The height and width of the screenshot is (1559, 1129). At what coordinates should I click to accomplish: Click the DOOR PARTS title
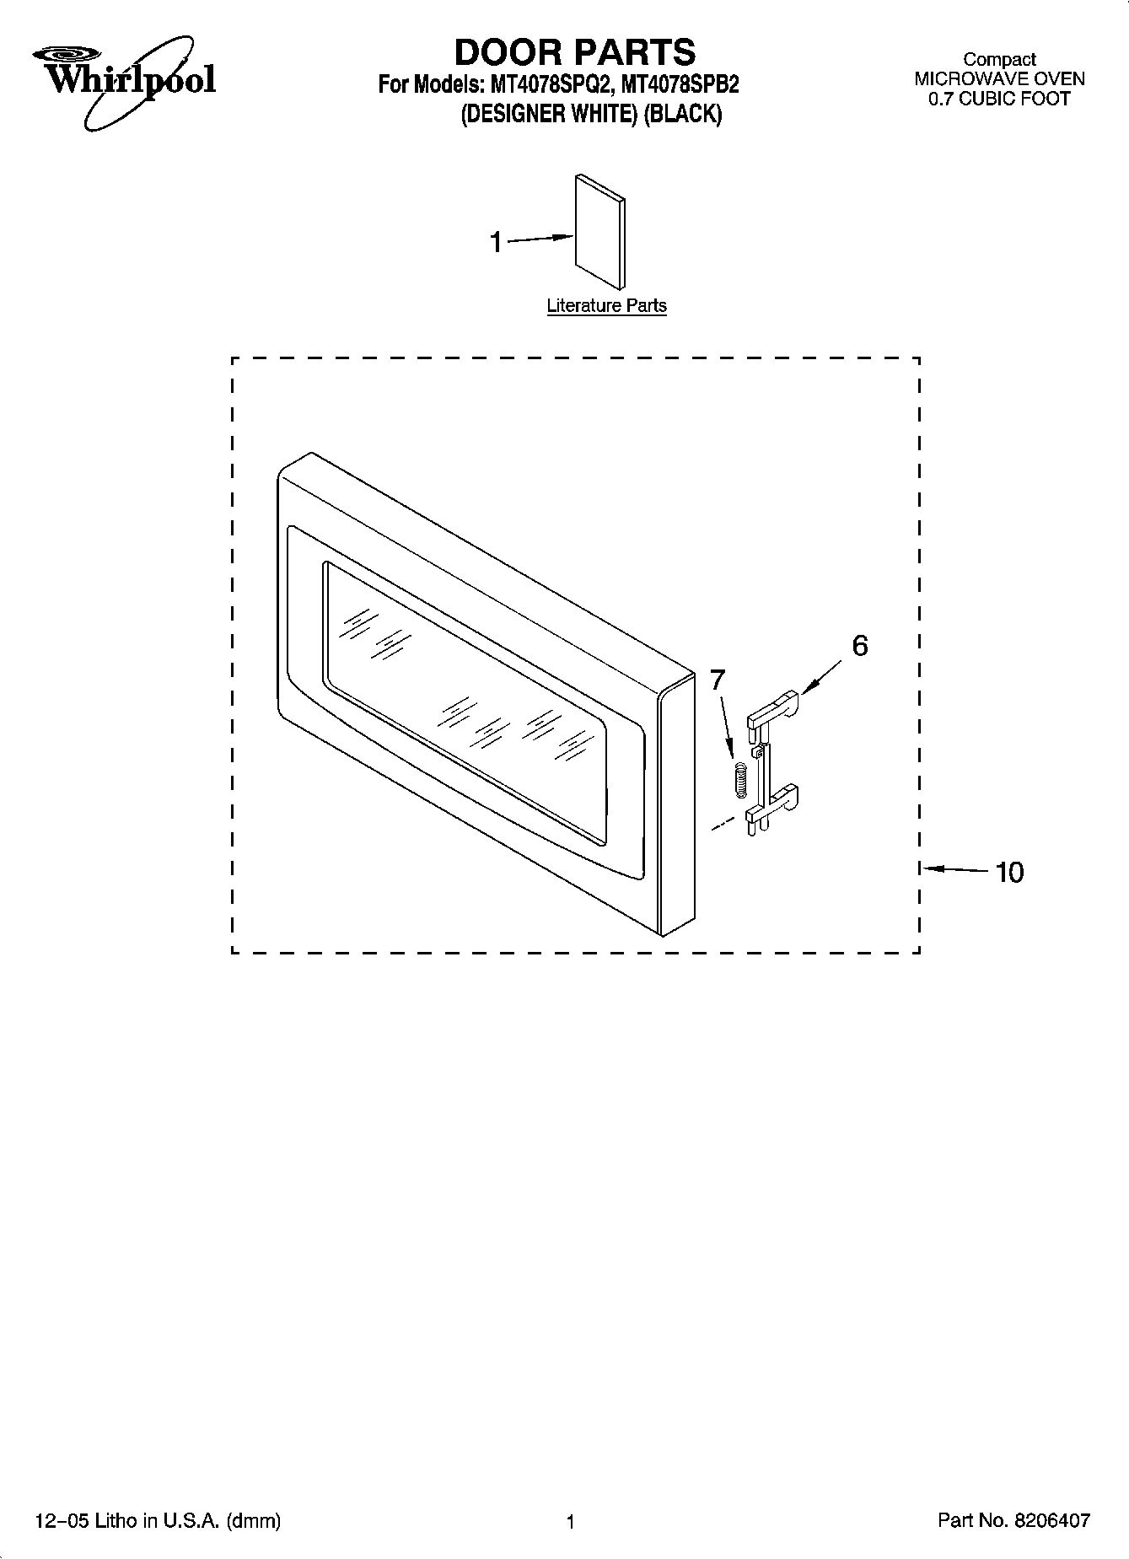pyautogui.click(x=575, y=52)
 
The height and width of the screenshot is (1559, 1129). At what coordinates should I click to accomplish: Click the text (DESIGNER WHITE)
pyautogui.click(x=548, y=114)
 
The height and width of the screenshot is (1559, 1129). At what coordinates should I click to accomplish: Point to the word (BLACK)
pyautogui.click(x=682, y=114)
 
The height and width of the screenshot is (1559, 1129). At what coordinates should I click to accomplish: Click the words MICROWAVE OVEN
pyautogui.click(x=999, y=79)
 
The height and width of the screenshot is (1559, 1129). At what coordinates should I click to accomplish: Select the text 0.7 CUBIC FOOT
pyautogui.click(x=999, y=99)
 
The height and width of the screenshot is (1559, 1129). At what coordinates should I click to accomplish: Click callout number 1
pyautogui.click(x=496, y=243)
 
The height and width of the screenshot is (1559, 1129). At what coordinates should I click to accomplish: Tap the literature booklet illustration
pyautogui.click(x=600, y=231)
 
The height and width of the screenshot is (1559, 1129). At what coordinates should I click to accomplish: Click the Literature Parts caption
pyautogui.click(x=606, y=306)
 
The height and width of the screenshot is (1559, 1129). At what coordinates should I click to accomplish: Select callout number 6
pyautogui.click(x=859, y=646)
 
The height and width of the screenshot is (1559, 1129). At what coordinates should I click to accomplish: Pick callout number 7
pyautogui.click(x=717, y=680)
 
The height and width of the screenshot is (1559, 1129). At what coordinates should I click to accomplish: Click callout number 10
pyautogui.click(x=1009, y=872)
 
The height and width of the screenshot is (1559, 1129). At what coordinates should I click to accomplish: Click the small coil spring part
pyautogui.click(x=740, y=778)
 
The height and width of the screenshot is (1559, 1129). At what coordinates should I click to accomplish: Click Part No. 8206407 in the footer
pyautogui.click(x=1013, y=1520)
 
